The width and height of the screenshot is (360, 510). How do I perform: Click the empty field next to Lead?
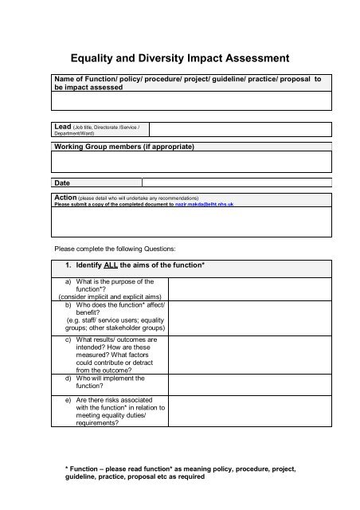pos(240,130)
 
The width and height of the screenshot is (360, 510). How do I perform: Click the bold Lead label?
pos(61,126)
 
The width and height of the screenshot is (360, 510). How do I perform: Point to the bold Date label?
pos(62,182)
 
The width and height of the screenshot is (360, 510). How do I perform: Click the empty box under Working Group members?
pos(191,163)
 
